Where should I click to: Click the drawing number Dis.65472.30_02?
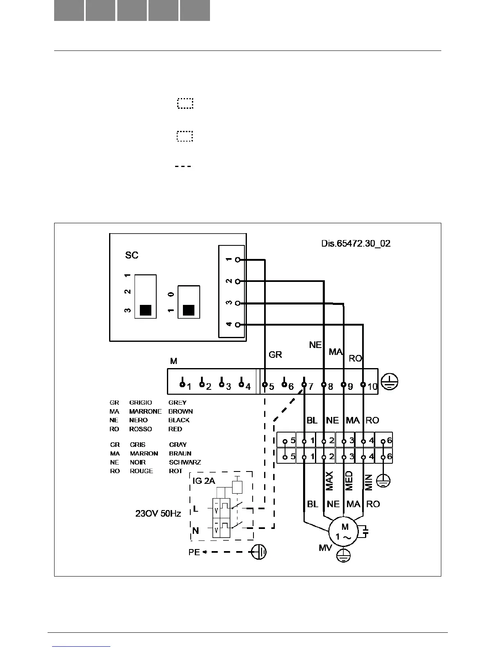coord(356,243)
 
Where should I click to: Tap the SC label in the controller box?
coord(132,255)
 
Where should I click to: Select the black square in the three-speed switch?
coord(146,310)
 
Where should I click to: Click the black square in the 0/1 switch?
coord(189,310)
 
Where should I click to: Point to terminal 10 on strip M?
coord(363,385)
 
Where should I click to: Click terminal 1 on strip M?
coord(182,385)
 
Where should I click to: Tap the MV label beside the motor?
coord(325,548)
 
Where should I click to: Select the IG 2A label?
coord(204,481)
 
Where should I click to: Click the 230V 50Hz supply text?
coord(158,513)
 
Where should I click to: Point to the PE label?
coord(194,552)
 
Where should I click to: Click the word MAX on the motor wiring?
coord(329,481)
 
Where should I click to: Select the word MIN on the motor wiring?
coord(368,482)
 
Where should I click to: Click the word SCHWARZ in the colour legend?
coord(185,462)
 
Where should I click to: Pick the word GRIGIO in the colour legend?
coord(141,403)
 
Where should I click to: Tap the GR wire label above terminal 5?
coord(275,355)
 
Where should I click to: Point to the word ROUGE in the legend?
coord(141,471)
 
